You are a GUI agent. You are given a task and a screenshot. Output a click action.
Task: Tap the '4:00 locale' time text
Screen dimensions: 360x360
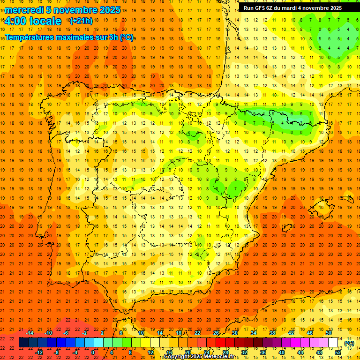tap(33, 21)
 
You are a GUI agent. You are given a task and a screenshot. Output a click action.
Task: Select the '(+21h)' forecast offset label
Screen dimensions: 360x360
tap(81, 21)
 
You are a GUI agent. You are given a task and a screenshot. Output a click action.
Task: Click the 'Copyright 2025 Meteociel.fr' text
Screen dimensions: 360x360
tap(199, 357)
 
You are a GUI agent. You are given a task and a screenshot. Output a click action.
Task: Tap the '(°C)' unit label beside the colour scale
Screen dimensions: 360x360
tap(349, 343)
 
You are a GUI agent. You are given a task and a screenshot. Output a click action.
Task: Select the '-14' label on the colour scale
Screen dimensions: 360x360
tap(30, 333)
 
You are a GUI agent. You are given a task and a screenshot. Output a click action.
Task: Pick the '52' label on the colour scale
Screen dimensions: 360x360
tap(338, 352)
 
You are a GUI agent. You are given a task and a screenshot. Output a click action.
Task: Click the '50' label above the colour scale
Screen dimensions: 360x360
tap(329, 333)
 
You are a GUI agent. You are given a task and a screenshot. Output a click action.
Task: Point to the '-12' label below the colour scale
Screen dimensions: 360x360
tap(39, 352)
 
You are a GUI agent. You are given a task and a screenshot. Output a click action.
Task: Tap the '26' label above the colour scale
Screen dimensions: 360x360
tap(216, 333)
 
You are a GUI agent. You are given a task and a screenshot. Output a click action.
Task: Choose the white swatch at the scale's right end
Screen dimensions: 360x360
tap(333, 343)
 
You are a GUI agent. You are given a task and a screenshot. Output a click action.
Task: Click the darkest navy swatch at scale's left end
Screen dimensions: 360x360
tap(23, 343)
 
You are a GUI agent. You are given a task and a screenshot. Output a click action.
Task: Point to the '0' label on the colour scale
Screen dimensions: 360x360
tap(93, 352)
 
